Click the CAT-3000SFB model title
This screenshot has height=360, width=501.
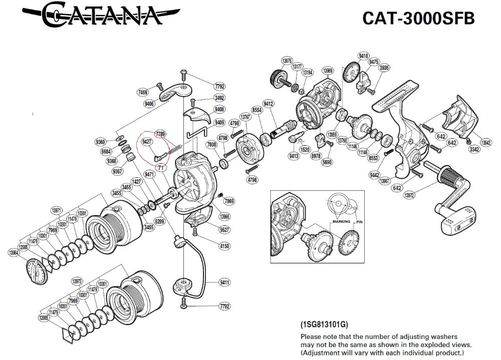point(418,18)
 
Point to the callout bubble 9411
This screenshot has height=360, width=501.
point(224,283)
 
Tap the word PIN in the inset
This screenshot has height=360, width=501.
point(359,221)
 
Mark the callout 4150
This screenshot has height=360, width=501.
point(224,246)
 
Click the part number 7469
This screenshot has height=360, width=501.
point(143,93)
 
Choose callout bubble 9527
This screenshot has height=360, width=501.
point(224,230)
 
